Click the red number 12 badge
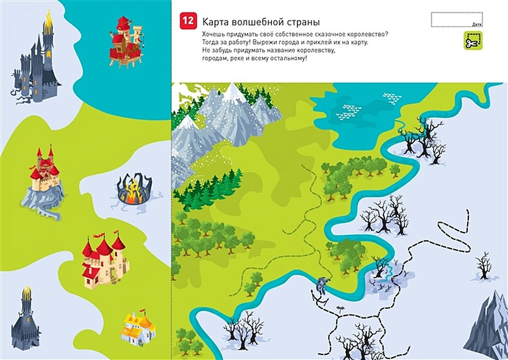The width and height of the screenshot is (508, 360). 188,21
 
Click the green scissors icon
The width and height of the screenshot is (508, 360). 473,40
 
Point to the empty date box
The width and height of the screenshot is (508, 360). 456,19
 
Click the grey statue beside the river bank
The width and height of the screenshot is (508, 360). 321,284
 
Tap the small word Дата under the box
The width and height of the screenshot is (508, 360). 476,25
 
